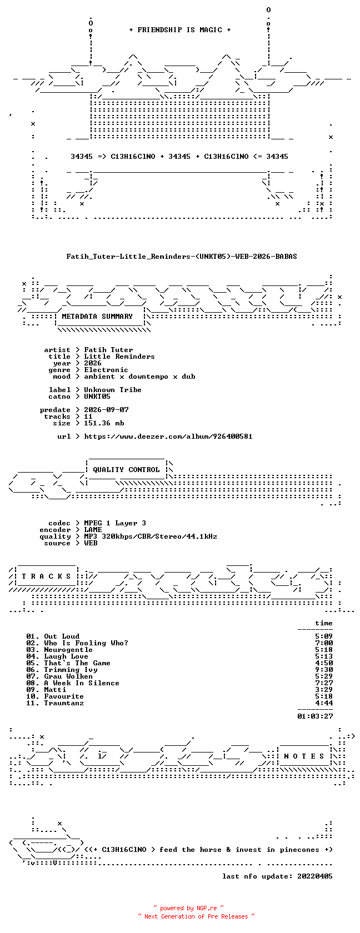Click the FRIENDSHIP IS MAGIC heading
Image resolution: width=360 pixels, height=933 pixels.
180,30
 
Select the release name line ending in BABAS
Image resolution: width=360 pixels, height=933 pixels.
182,257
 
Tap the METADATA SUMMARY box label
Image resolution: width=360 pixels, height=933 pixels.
97,317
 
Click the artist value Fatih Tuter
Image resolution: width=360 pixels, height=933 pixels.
108,350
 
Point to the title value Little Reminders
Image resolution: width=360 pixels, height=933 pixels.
119,357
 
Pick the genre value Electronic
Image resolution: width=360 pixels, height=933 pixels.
106,370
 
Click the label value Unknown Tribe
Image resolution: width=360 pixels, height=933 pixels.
112,390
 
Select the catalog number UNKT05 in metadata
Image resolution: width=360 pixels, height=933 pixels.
97,397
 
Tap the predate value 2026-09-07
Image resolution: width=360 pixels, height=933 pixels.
106,410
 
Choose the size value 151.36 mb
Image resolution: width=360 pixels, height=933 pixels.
104,423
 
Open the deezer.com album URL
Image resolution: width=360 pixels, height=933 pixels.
168,437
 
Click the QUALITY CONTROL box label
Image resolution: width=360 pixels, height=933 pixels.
126,470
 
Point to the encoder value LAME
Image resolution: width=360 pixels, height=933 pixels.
93,530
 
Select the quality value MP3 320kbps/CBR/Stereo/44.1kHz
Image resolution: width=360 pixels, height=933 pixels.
151,536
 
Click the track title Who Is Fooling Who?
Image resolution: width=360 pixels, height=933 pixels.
86,643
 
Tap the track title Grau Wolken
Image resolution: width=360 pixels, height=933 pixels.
68,676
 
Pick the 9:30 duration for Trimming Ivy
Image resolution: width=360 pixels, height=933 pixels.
324,670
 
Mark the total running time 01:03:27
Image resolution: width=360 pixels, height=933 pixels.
315,716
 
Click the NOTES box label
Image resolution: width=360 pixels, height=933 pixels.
304,756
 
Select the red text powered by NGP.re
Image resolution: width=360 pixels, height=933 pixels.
188,908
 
